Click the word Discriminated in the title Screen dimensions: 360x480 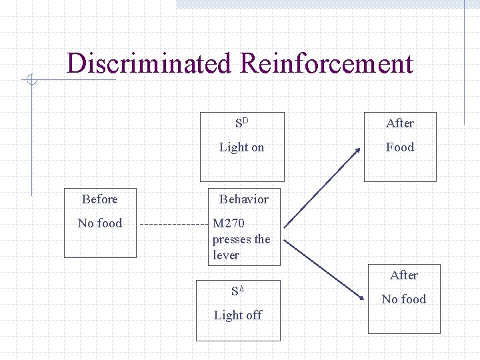149,64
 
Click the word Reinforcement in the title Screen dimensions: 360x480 326,64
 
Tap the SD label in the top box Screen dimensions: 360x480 241,123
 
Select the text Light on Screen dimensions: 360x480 241,147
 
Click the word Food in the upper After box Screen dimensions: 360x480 400,147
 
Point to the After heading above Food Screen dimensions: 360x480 400,123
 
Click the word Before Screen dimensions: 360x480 99,199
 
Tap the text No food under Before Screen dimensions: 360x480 100,223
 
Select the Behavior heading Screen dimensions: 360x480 244,199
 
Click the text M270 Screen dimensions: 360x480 229,223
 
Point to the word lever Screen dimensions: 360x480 226,255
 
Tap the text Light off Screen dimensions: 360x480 238,315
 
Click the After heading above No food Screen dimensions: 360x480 404,275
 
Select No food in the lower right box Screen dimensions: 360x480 404,299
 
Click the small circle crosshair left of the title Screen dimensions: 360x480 31,81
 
